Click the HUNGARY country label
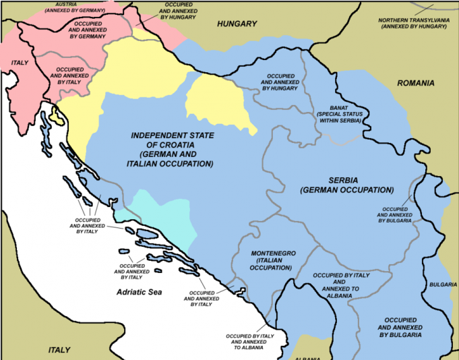[x=237, y=24]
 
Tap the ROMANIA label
[x=415, y=84]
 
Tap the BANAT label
[x=338, y=108]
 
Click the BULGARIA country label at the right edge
[x=442, y=284]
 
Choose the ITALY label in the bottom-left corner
[x=59, y=350]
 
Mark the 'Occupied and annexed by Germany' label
[x=86, y=30]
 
